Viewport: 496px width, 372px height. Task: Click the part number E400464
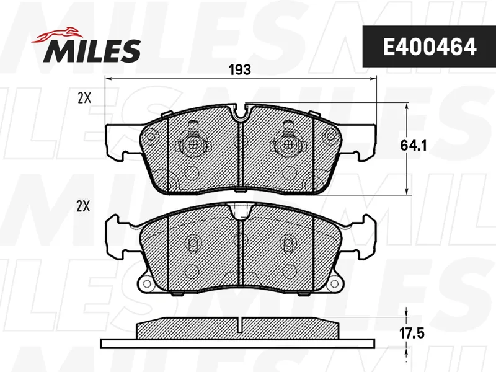pyautogui.click(x=429, y=46)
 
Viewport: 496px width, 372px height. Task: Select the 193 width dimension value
pyautogui.click(x=240, y=69)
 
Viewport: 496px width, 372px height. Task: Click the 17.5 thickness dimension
pyautogui.click(x=412, y=334)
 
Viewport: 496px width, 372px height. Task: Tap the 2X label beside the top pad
pyautogui.click(x=84, y=99)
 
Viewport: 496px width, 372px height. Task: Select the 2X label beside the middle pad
pyautogui.click(x=83, y=206)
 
